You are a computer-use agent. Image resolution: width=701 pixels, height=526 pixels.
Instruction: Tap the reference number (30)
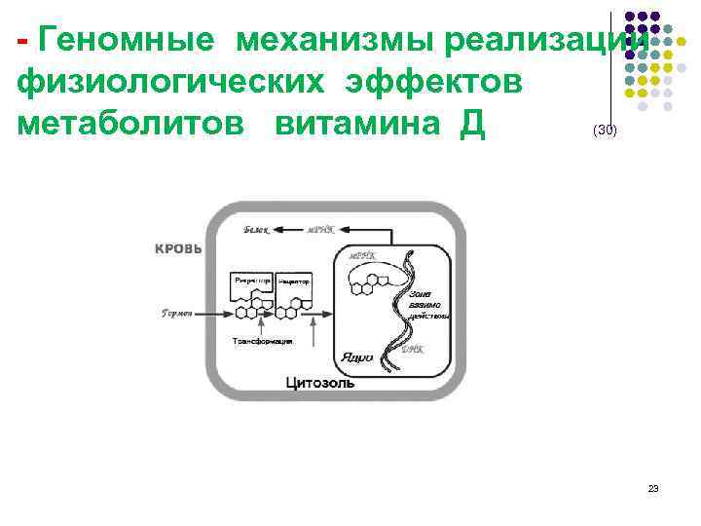pos(604,131)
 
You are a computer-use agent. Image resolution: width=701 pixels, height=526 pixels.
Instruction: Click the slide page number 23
pos(653,488)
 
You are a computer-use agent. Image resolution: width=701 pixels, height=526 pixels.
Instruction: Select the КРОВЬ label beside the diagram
pos(178,249)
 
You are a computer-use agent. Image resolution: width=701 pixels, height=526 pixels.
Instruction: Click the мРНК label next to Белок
pos(321,230)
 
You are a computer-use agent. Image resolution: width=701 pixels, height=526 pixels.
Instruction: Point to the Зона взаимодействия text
pos(427,304)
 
